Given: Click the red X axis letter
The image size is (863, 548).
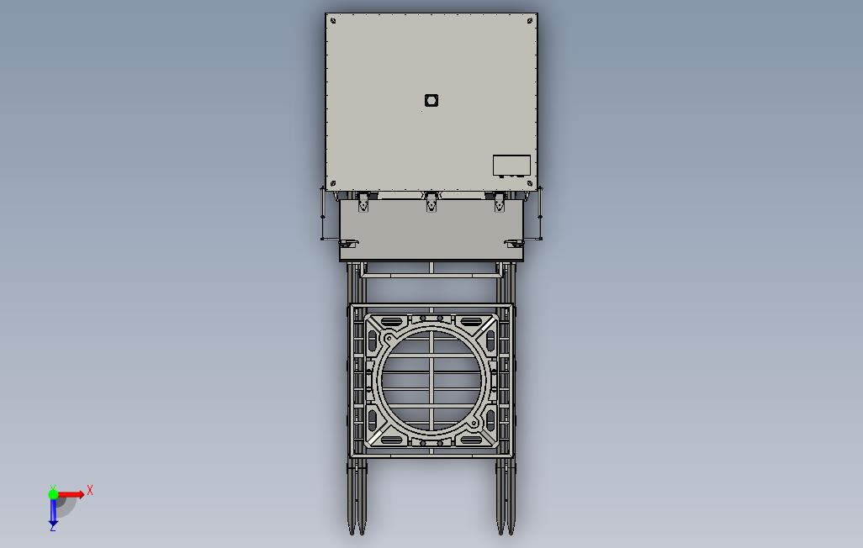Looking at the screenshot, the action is click(x=90, y=490).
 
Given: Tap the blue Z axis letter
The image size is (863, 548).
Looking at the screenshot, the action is click(x=53, y=527).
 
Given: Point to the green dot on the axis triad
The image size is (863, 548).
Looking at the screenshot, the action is click(x=53, y=494).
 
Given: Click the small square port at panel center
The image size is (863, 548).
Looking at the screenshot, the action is click(x=431, y=100).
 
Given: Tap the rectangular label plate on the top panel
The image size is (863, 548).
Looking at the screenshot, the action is click(x=511, y=166).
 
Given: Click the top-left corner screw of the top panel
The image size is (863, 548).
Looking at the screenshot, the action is click(x=333, y=21).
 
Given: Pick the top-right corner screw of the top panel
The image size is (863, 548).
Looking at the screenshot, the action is click(x=530, y=21).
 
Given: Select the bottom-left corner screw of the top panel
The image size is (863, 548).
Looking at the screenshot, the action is click(x=333, y=183).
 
